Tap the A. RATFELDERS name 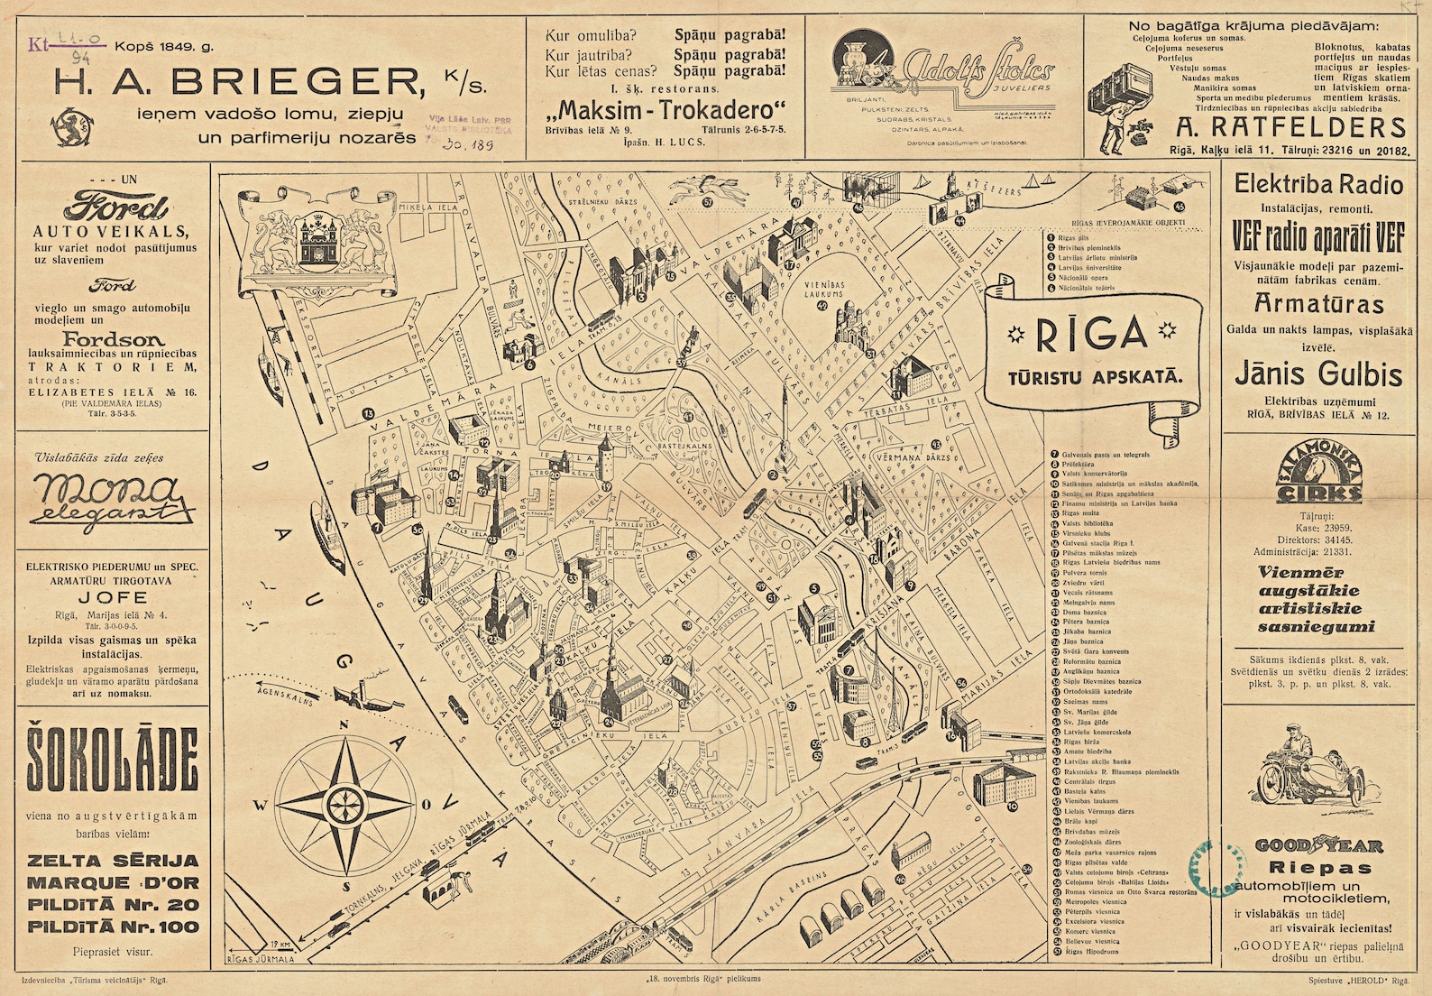(1290, 126)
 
